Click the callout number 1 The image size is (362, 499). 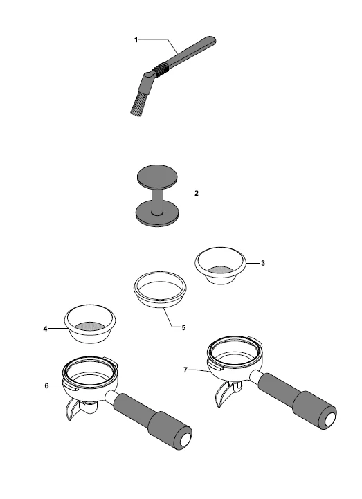(136, 40)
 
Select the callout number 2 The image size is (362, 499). (197, 193)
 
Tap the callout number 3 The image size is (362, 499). (262, 263)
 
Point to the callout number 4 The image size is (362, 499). (45, 329)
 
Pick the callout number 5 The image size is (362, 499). (183, 327)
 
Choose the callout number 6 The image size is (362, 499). (47, 385)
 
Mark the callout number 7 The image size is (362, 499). (185, 370)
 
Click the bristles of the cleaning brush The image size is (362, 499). (138, 103)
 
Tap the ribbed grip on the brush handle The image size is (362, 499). (159, 69)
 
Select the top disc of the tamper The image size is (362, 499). (157, 176)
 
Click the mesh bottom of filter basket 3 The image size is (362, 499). (220, 270)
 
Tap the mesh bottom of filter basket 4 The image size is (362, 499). (91, 327)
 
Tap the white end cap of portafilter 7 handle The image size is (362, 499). (330, 420)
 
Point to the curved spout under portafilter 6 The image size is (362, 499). (71, 410)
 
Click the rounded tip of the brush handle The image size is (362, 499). (212, 40)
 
